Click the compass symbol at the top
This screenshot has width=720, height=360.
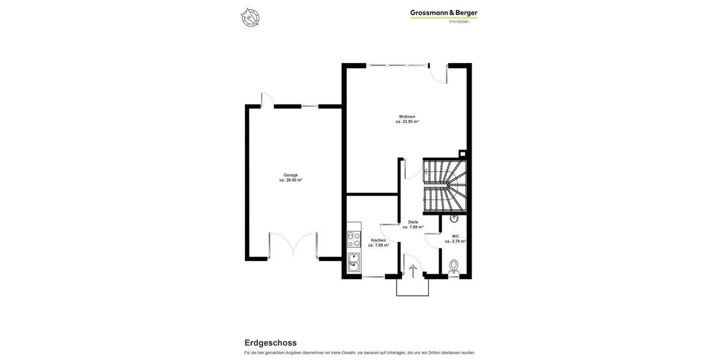pos(250,17)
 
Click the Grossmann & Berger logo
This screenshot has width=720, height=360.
pos(443,13)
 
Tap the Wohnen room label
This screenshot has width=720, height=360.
pos(407,116)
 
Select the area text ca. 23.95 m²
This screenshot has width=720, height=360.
pos(407,122)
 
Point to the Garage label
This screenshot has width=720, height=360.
pos(290,175)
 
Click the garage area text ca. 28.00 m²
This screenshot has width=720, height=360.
pos(290,180)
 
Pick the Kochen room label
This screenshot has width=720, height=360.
pos(379,240)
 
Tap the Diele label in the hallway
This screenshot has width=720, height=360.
pos(413,222)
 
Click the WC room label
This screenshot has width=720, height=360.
pos(455,236)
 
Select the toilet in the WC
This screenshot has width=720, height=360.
pos(454,266)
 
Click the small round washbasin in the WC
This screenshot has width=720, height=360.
pos(454,218)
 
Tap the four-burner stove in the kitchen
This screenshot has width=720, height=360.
pos(354,239)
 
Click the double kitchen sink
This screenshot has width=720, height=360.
pos(354,262)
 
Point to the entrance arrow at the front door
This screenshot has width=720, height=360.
pos(413,271)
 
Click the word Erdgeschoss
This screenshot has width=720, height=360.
pos(271,343)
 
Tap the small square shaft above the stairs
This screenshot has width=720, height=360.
pos(462,154)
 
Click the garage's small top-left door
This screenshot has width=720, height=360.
pos(268,100)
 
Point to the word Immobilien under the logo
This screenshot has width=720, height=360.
pos(459,22)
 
